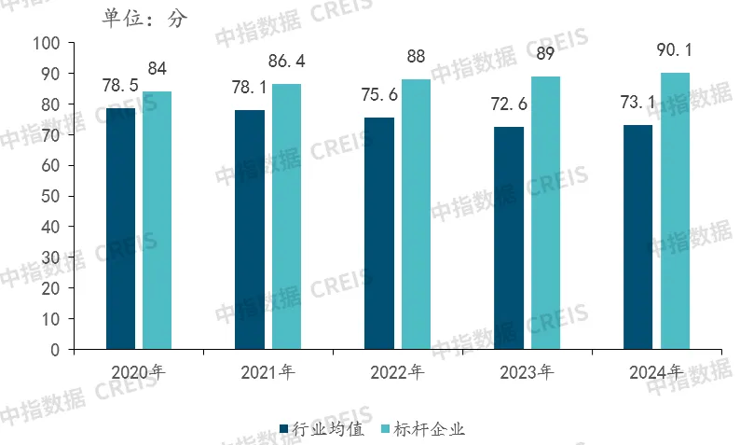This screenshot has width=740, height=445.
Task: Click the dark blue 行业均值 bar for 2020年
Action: click(x=120, y=229)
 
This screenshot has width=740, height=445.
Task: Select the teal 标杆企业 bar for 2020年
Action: click(x=157, y=220)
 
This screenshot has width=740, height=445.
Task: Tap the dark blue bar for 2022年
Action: click(x=378, y=233)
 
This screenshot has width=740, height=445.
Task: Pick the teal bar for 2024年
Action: click(x=675, y=211)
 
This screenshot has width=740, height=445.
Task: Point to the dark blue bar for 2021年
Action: click(x=250, y=229)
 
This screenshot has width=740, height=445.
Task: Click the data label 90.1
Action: click(x=675, y=50)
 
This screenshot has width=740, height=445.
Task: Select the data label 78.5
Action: click(x=120, y=86)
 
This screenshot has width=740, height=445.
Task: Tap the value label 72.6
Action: click(x=508, y=104)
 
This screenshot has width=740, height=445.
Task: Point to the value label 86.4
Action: click(x=286, y=63)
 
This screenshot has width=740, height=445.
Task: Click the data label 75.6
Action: click(x=378, y=94)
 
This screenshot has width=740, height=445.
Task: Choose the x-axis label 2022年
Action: click(x=396, y=373)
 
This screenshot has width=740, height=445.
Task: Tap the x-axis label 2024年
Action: click(x=655, y=373)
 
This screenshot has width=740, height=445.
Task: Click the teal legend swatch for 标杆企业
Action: click(x=384, y=429)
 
